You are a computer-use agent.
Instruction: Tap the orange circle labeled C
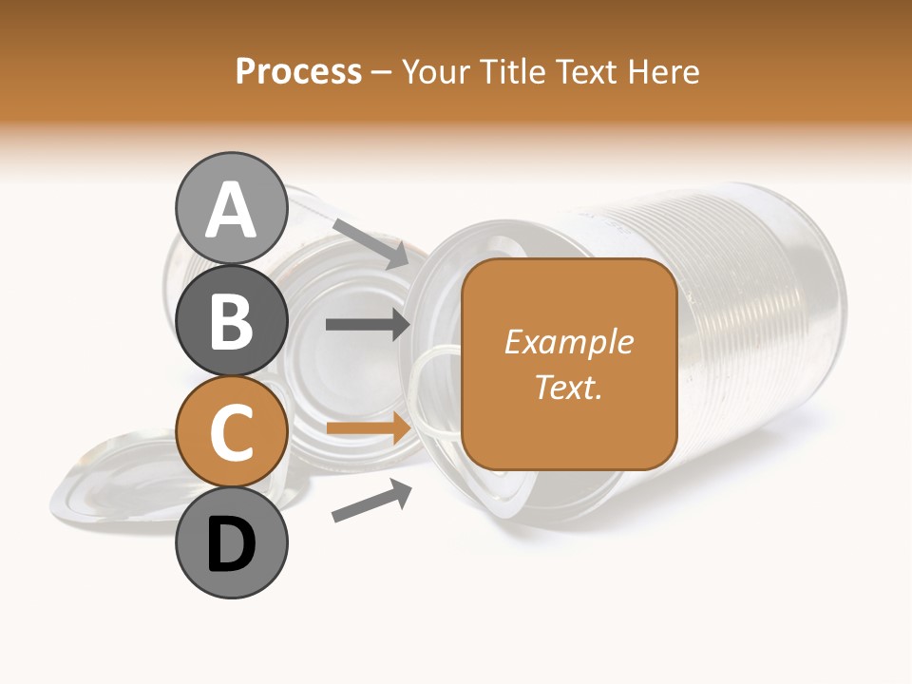[x=231, y=432]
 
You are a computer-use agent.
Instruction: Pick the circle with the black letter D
[x=231, y=543]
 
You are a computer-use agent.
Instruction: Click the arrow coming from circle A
[x=370, y=243]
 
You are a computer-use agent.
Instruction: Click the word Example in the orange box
[x=569, y=342]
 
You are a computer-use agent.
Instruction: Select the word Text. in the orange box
[x=569, y=387]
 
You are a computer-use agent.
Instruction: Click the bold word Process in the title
[x=298, y=71]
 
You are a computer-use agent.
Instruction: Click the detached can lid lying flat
[x=114, y=475]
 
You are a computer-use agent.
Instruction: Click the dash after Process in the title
[x=381, y=72]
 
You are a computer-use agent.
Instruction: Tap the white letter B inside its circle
[x=231, y=321]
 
